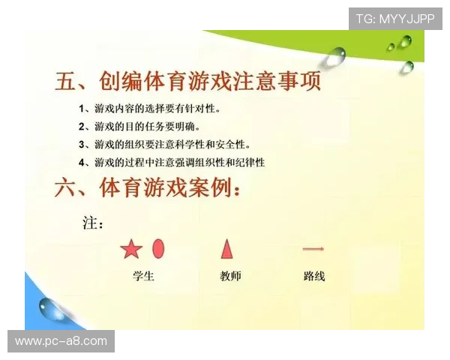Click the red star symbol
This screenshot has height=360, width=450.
click(131, 249)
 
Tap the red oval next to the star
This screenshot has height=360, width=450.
click(158, 248)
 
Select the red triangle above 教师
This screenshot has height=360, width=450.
click(226, 248)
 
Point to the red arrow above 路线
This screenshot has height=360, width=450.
click(313, 249)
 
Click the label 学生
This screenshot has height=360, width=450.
click(143, 276)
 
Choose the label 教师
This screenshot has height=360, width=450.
click(231, 276)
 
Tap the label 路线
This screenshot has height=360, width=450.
click(314, 276)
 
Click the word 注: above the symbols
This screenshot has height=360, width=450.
click(92, 223)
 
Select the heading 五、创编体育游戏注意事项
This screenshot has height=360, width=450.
click(188, 81)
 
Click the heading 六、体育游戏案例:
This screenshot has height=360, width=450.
click(148, 187)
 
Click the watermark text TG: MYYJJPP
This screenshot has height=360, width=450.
click(395, 18)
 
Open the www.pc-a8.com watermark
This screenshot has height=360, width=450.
click(61, 341)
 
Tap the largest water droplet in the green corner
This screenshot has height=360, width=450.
click(335, 55)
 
